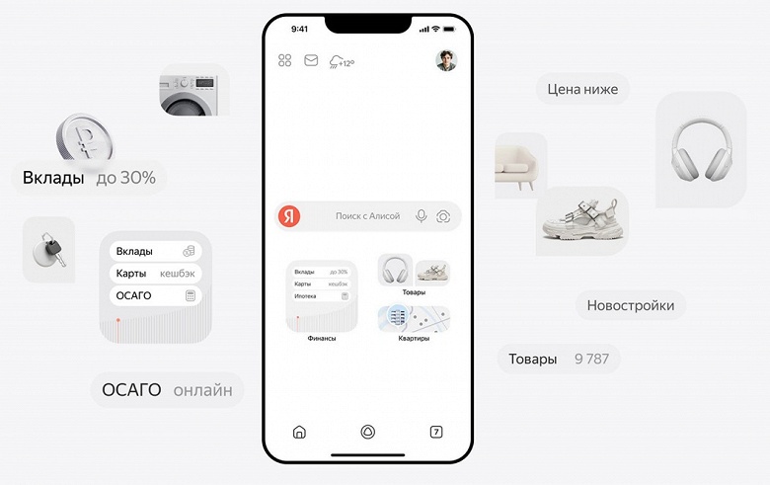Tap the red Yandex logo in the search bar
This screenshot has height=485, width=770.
tap(289, 215)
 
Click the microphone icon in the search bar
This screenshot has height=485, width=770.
tap(421, 215)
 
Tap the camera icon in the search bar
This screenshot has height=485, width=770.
tap(443, 216)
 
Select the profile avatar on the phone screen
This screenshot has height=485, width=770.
tap(446, 60)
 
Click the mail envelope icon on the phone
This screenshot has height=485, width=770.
tap(311, 60)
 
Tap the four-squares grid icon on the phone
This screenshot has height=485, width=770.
tap(285, 60)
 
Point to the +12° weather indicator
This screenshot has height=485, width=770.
tap(342, 62)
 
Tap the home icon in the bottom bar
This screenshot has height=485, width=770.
tap(299, 432)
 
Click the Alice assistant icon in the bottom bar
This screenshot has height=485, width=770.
tap(368, 432)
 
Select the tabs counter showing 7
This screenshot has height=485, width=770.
tap(436, 432)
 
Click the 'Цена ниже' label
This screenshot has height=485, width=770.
tap(582, 90)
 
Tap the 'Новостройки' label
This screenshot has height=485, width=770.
tap(631, 305)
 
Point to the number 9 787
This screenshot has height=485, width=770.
tap(591, 360)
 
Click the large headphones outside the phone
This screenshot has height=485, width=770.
tap(701, 149)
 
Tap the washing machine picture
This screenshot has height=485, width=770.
tap(189, 95)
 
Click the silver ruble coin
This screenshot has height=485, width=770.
tap(84, 137)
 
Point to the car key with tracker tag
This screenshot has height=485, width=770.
tap(49, 250)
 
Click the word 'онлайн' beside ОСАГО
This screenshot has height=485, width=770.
tap(202, 390)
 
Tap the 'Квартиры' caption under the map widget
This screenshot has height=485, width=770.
tap(414, 339)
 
